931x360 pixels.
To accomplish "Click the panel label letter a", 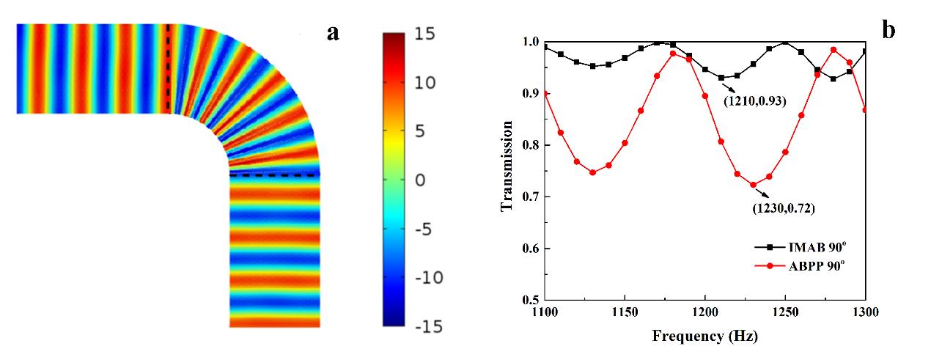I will coord(334,32).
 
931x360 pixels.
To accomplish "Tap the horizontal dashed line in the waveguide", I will coord(275,175).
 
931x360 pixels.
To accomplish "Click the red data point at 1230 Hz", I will coord(753,185).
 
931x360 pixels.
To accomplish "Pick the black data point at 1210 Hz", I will coord(721,77).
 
